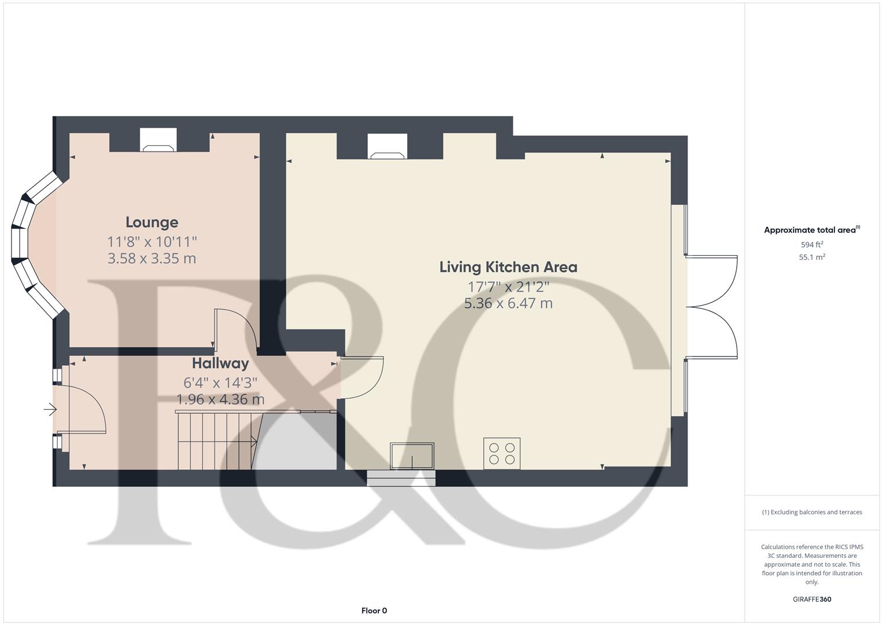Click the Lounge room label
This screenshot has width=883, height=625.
point(152,222)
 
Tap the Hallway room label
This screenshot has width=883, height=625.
point(220,363)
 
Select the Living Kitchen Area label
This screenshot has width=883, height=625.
point(508,267)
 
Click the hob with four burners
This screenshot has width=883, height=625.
point(502,453)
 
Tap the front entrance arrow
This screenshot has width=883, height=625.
point(50,410)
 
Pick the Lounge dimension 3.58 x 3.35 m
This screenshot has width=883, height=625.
point(152,258)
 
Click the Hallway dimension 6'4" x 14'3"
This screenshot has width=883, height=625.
point(220,383)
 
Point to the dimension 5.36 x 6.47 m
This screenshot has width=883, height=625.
point(508,303)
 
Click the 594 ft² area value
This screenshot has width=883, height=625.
point(812,245)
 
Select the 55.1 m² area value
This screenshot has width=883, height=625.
point(812,258)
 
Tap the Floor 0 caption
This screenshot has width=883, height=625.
point(374,611)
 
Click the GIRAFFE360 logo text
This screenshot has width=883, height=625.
point(812,599)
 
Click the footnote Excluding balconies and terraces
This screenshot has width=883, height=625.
point(812,512)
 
